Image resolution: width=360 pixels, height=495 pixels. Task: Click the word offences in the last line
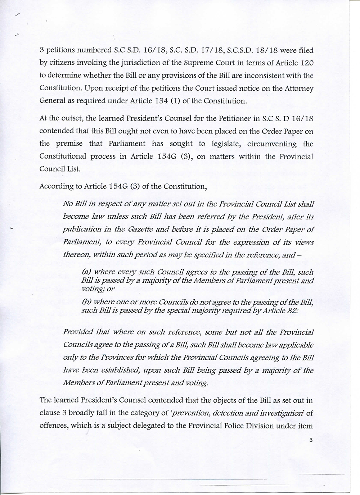53,427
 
